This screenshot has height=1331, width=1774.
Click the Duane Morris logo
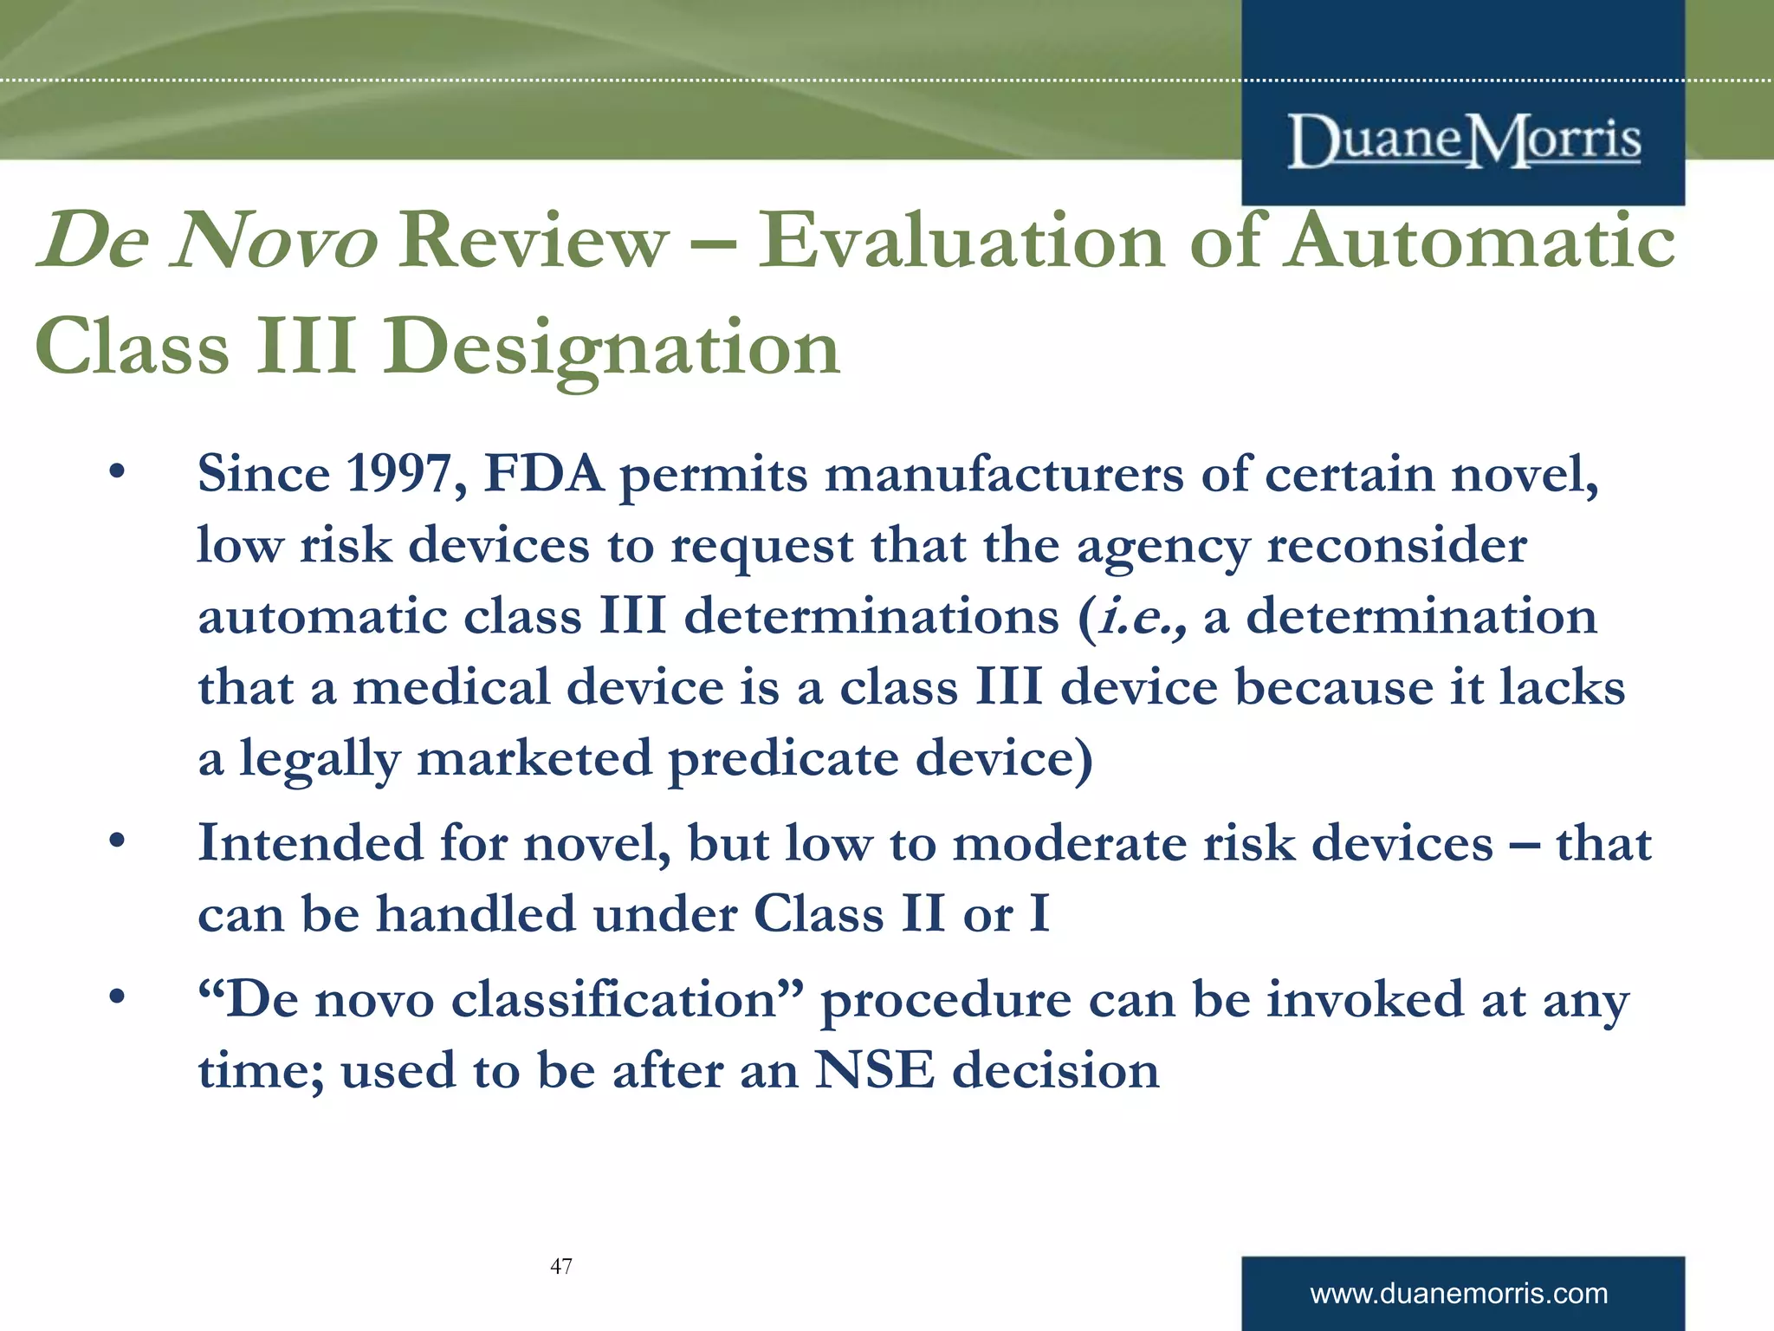[x=1464, y=140]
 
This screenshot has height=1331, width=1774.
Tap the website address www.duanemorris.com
[x=1459, y=1294]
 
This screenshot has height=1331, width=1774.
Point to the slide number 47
[x=561, y=1266]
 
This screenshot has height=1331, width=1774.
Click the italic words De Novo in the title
[x=208, y=240]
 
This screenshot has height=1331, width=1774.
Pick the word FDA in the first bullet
[x=544, y=474]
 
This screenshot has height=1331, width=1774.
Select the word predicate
[x=783, y=759]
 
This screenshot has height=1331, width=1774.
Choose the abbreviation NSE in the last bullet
[x=875, y=1070]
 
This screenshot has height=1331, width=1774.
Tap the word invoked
[x=1365, y=999]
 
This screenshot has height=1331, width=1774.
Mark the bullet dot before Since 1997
[x=118, y=473]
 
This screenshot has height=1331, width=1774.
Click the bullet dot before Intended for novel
[x=118, y=841]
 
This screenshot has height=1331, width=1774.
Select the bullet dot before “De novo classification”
[x=118, y=998]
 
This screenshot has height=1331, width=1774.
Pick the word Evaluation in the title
[x=961, y=240]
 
